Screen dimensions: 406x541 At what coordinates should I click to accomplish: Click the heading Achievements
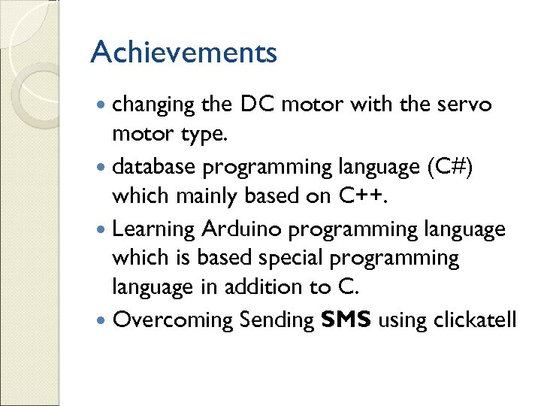click(x=183, y=53)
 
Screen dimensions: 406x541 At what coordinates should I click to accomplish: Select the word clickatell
click(x=475, y=320)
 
